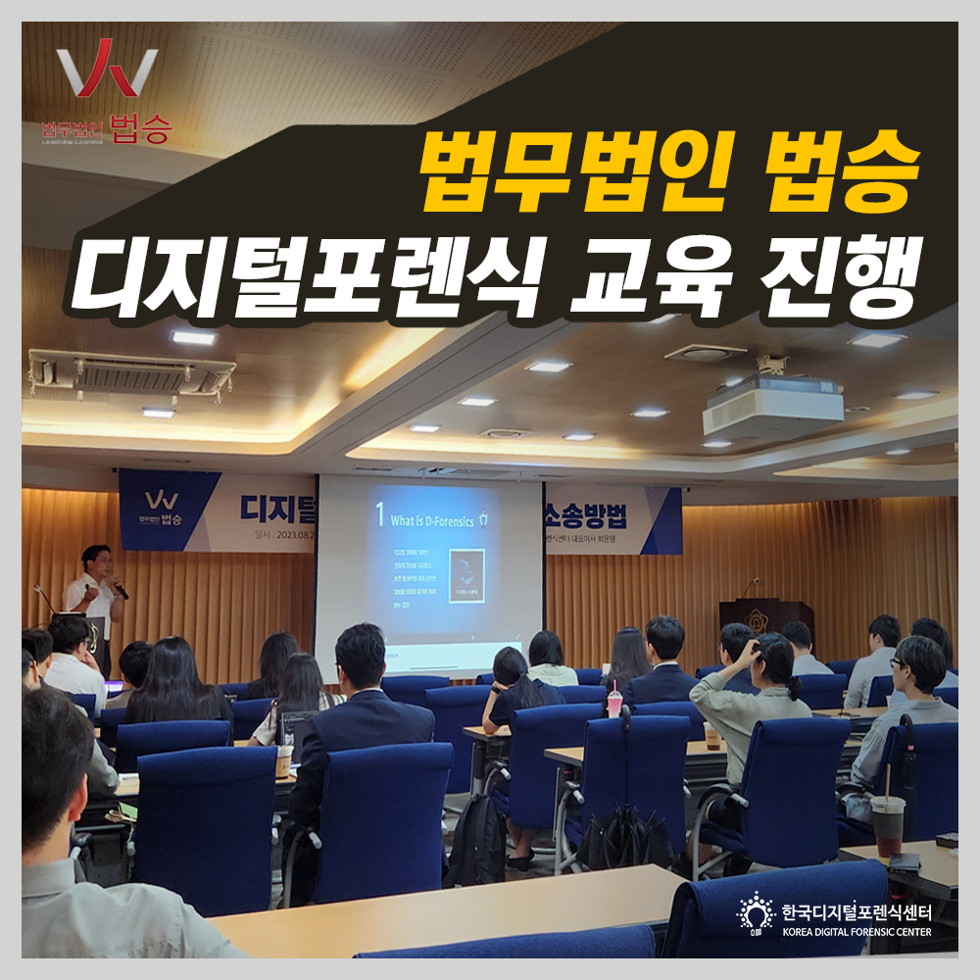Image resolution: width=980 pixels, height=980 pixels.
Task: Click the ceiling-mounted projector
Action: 772,403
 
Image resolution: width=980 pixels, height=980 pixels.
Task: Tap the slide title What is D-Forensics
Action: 432,520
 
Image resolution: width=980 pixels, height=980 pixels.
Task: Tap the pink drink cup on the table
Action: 614,703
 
